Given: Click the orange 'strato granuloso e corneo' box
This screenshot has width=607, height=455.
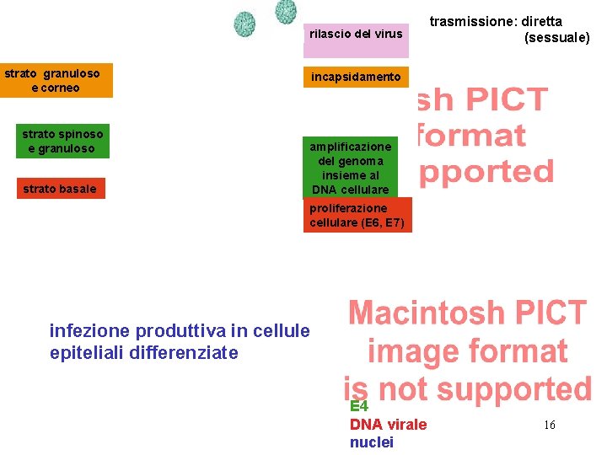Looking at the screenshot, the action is (56, 81).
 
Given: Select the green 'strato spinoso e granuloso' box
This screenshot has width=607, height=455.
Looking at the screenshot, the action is (63, 142).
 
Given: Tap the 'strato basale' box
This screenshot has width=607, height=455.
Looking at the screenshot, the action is (60, 189).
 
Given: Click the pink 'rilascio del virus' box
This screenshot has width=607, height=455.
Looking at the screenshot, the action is (356, 35).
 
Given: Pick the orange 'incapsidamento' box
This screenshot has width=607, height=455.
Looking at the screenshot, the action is (356, 77).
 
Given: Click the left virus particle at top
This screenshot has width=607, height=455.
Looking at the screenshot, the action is (244, 23).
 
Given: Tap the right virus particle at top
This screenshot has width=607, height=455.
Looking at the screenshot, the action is (286, 11).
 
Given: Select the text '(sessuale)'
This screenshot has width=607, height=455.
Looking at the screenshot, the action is (556, 38).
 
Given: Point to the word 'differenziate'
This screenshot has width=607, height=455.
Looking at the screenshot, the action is (184, 352).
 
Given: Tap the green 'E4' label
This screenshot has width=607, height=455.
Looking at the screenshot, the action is (359, 406).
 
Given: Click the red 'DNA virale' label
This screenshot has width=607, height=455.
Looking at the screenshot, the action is (388, 425).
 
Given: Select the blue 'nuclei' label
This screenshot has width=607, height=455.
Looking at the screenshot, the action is (371, 442).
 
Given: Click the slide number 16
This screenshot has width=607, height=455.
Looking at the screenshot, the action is (549, 426).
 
